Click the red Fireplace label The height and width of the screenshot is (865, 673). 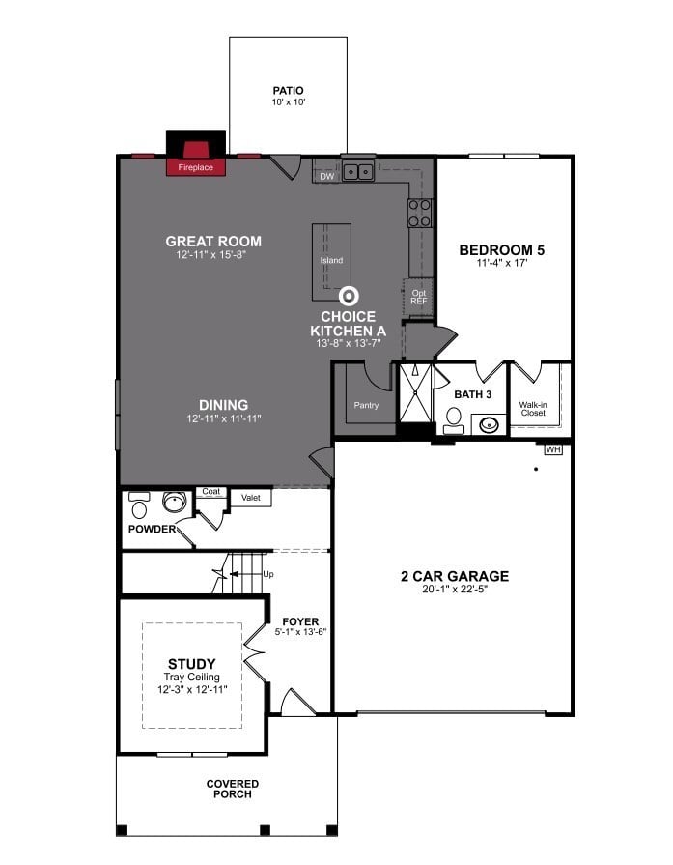(x=195, y=167)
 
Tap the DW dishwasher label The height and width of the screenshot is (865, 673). (x=326, y=176)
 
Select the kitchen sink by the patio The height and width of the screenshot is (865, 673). (x=359, y=172)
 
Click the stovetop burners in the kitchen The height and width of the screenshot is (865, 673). (x=419, y=213)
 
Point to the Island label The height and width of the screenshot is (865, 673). (x=331, y=260)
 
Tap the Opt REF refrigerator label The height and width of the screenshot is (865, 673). (x=418, y=297)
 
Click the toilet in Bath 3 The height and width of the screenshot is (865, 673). (x=454, y=418)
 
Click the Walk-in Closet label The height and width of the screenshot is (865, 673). (x=533, y=409)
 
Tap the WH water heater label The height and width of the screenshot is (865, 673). (x=553, y=449)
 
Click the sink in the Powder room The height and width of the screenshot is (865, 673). (x=174, y=502)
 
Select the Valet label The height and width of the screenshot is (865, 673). (x=238, y=497)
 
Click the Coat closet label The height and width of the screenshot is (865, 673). (x=210, y=491)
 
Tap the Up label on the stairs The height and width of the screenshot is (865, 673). (x=268, y=574)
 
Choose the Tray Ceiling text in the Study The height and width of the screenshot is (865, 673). (x=192, y=678)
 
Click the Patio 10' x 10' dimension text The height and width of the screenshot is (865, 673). (x=288, y=101)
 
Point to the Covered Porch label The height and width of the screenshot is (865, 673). (x=232, y=788)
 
